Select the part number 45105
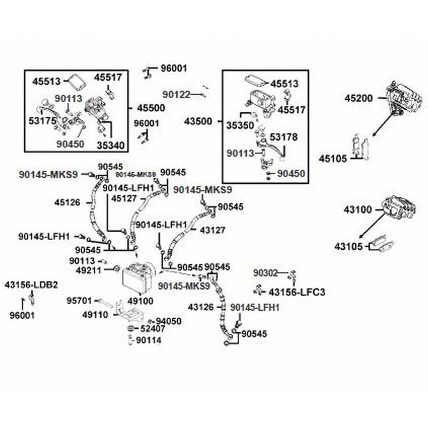click(x=335, y=158)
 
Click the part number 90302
click(x=266, y=274)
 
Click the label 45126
click(x=67, y=203)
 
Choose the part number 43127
click(x=213, y=230)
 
